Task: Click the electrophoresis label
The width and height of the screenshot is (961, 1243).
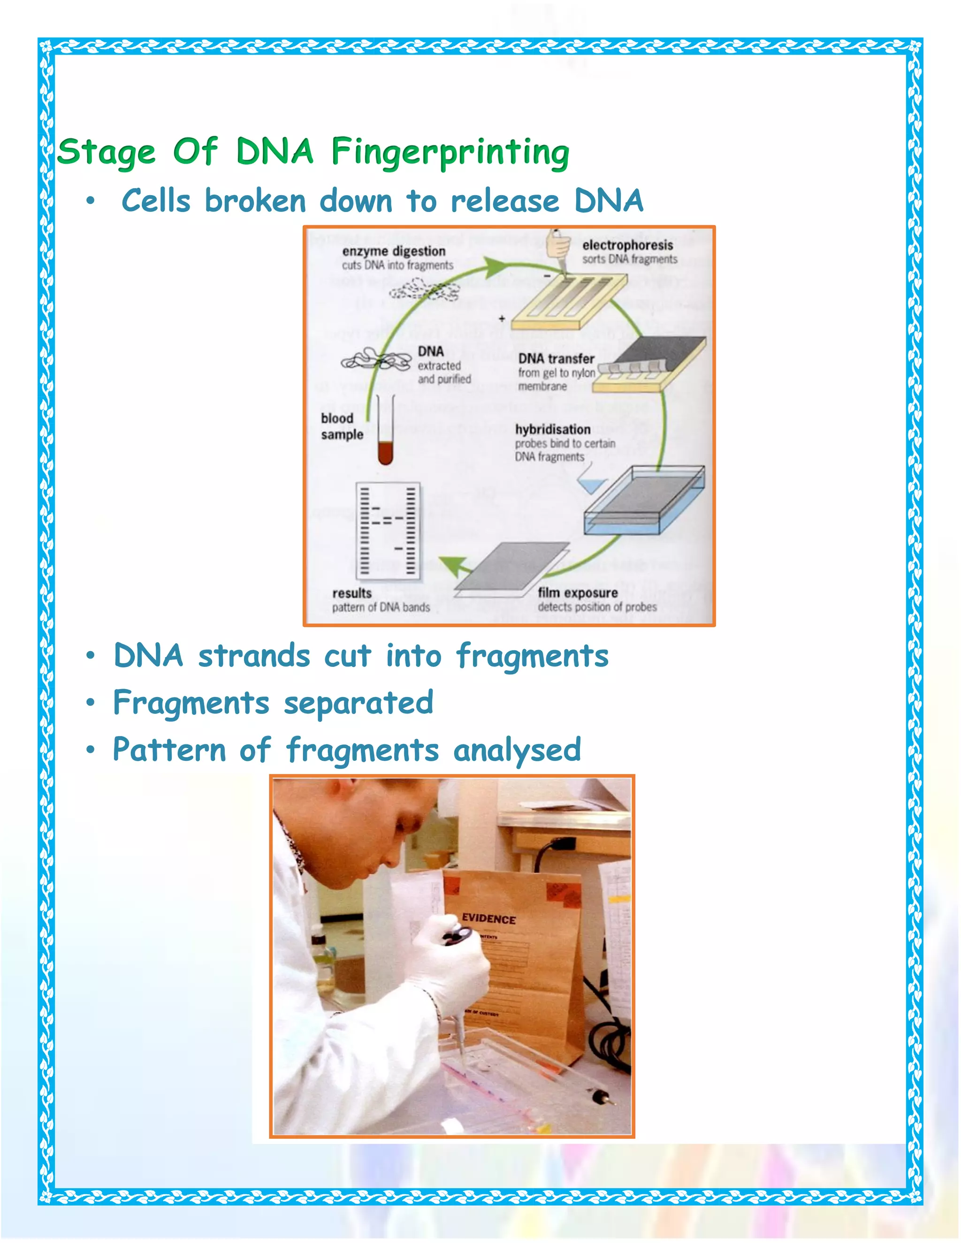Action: [627, 245]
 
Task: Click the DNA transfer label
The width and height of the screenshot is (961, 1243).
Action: [556, 358]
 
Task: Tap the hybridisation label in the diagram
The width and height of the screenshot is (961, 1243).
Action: [552, 429]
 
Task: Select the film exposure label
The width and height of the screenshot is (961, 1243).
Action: [577, 592]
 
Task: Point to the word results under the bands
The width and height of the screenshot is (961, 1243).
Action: [351, 593]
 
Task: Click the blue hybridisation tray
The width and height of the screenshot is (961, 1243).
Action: [643, 501]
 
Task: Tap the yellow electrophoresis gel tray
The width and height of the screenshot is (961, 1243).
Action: [569, 302]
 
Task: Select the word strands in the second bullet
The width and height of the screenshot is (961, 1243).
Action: [254, 656]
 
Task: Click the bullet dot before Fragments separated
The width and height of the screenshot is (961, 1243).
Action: [90, 704]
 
